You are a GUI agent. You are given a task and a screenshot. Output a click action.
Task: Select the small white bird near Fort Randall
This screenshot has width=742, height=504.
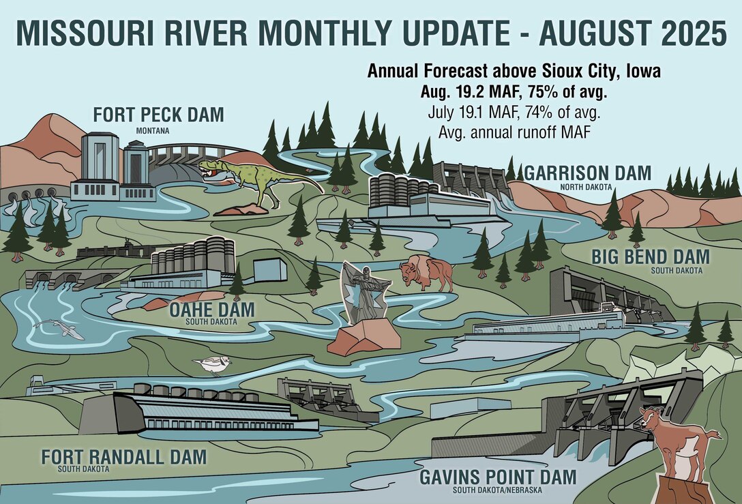click(213, 365)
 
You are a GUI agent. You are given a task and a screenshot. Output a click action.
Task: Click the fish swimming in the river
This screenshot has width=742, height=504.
click(60, 329)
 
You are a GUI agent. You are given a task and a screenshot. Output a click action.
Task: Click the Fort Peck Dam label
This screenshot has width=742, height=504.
click(158, 115)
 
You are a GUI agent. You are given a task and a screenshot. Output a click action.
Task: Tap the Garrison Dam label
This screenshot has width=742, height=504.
click(587, 173)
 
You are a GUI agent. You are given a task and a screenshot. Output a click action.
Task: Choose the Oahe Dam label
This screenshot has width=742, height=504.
click(211, 310)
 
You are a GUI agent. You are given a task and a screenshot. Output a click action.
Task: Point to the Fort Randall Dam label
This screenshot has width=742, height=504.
click(123, 457)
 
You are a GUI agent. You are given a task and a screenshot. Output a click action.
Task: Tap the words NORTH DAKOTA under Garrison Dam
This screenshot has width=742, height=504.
click(584, 186)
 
